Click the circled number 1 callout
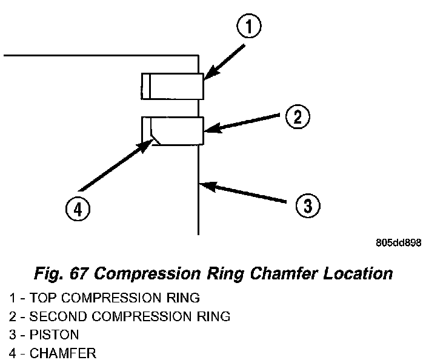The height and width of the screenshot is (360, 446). click(x=249, y=26)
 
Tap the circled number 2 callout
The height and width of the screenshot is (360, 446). click(x=298, y=116)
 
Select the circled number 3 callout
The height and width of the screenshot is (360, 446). click(x=308, y=205)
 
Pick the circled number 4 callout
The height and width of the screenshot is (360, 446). click(x=78, y=209)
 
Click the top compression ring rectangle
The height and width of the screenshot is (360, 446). click(x=173, y=86)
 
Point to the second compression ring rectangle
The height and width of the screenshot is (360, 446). click(x=173, y=131)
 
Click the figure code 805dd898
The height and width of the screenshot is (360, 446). click(x=399, y=243)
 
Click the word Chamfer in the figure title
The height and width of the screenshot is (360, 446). click(x=284, y=273)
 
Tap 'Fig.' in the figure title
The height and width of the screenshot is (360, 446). click(x=49, y=274)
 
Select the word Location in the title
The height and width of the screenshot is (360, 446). click(x=358, y=273)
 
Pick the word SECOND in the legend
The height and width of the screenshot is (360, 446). click(x=58, y=316)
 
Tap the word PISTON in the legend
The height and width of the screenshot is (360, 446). click(x=54, y=335)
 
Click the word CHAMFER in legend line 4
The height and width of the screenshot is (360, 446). click(x=63, y=353)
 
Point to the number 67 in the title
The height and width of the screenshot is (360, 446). click(x=78, y=274)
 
